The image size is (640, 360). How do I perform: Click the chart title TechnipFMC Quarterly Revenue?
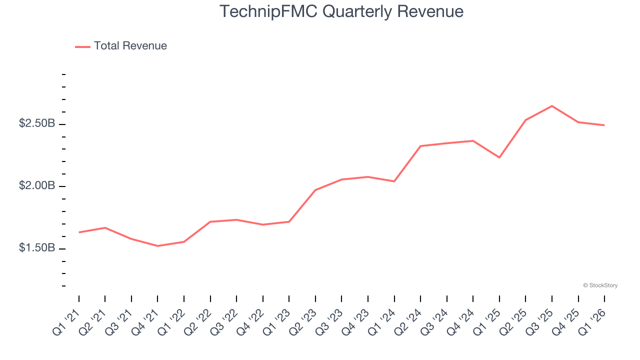pos(341,11)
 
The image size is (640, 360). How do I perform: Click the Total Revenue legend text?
pos(130,46)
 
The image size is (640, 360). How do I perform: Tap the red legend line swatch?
pos(82,46)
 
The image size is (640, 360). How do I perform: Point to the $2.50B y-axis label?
pos(37,123)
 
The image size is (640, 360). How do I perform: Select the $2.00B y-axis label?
pos(37,185)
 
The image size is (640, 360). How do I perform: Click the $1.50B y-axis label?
pos(37,248)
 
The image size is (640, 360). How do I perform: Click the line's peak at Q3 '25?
pos(552,106)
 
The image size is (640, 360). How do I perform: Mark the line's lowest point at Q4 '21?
pos(157,246)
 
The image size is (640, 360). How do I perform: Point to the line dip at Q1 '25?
pos(499,157)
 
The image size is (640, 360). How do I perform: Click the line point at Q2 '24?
pos(420,146)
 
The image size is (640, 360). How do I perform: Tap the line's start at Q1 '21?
pos(79,232)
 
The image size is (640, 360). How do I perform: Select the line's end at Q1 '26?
pos(604,125)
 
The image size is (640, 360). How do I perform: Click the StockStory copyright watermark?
pos(600,285)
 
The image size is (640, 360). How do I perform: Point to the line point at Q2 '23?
pos(315,190)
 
